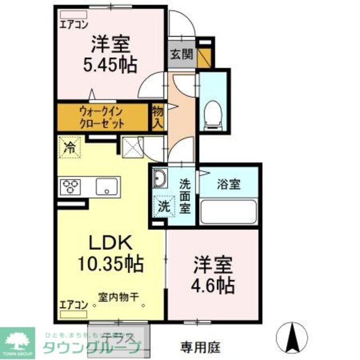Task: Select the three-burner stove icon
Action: (71, 186)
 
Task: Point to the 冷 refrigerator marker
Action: (70, 149)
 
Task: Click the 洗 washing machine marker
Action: (163, 206)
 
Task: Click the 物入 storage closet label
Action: (158, 116)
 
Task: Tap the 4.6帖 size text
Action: (214, 286)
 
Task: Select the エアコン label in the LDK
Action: (72, 306)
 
